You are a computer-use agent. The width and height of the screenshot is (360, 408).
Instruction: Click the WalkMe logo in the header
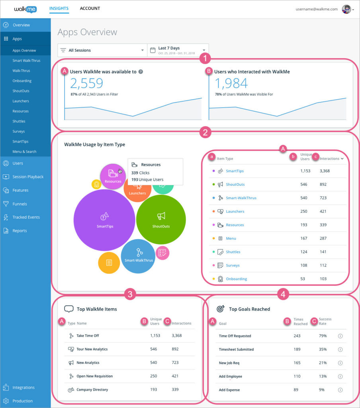tap(25, 9)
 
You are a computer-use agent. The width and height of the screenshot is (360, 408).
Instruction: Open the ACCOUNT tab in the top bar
tap(90, 8)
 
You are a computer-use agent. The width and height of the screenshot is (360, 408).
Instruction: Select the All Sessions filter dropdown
tap(102, 50)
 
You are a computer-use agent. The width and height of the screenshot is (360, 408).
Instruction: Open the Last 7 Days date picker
tap(178, 50)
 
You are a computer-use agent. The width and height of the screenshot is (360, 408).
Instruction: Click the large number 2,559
tap(86, 83)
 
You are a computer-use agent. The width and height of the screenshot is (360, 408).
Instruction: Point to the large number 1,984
tap(231, 83)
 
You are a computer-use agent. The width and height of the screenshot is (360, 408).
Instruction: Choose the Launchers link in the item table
tap(235, 212)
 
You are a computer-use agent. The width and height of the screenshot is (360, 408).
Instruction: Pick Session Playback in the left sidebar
tap(27, 177)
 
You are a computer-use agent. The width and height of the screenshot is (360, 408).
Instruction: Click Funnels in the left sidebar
tap(20, 204)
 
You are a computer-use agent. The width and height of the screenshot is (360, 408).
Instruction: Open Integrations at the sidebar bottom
tap(23, 387)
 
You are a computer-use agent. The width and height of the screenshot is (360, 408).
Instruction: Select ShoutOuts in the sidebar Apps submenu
tap(21, 91)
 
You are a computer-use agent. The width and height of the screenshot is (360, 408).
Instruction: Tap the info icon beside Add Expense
tap(340, 390)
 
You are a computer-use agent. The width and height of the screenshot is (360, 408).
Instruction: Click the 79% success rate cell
tap(323, 336)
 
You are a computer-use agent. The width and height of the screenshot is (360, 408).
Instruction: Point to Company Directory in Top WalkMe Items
tap(92, 390)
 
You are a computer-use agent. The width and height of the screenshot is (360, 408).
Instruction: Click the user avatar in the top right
tap(346, 9)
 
